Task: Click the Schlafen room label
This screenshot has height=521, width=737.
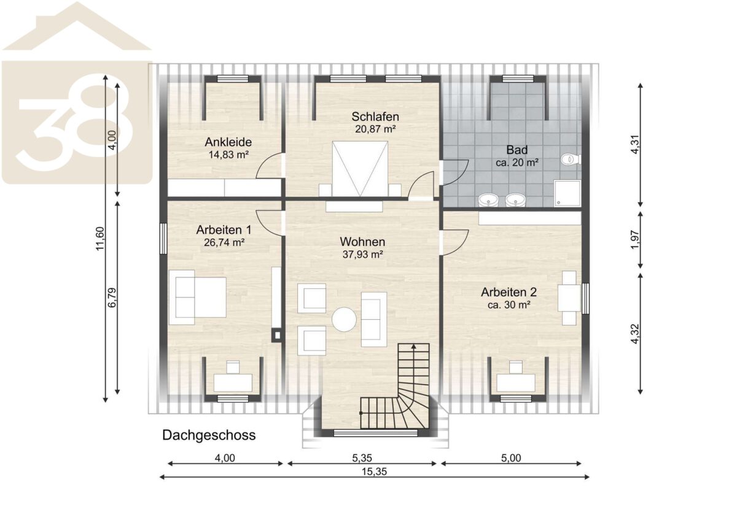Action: click(x=375, y=117)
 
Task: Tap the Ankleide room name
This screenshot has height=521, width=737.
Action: click(x=228, y=142)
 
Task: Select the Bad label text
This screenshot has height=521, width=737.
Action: click(x=517, y=150)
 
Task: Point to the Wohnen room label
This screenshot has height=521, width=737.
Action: click(x=362, y=242)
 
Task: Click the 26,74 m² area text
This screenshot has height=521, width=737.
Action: click(x=224, y=242)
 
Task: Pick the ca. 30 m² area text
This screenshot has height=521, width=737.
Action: click(x=509, y=305)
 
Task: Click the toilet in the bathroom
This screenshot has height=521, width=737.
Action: click(x=571, y=160)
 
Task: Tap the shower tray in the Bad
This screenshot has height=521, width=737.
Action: click(x=567, y=193)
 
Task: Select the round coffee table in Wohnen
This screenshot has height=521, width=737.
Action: click(x=344, y=319)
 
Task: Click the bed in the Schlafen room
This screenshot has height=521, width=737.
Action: click(x=360, y=169)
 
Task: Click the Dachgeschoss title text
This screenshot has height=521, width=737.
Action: click(x=209, y=435)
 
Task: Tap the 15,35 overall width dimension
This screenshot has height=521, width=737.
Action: click(x=375, y=472)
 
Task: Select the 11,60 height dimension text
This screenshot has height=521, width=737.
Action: click(x=99, y=239)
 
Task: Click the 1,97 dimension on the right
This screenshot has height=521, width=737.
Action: click(x=634, y=240)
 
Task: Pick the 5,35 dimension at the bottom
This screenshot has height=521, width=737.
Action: click(x=362, y=458)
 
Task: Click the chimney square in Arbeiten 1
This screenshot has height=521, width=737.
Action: click(x=277, y=336)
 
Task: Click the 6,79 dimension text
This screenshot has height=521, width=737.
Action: click(x=112, y=298)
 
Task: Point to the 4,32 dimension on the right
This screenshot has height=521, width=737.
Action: click(x=634, y=334)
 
